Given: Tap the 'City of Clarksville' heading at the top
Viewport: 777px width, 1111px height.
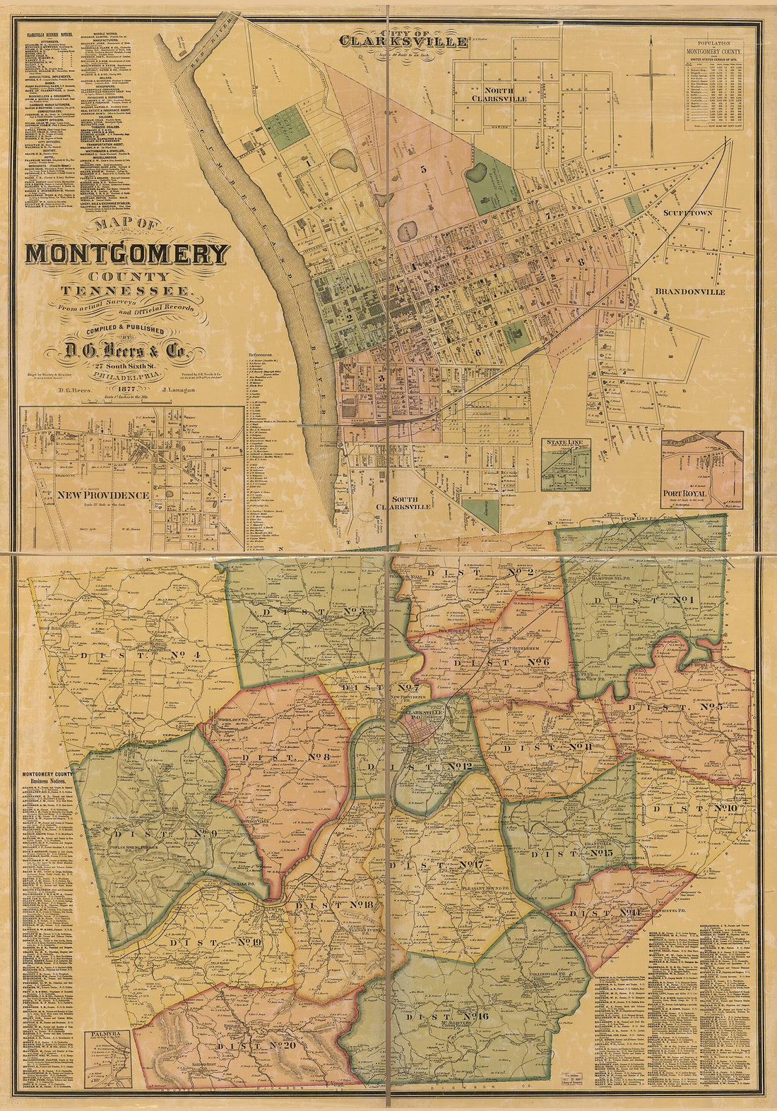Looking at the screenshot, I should [403, 38].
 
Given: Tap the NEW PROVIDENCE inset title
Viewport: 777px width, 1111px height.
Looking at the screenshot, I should [104, 495].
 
